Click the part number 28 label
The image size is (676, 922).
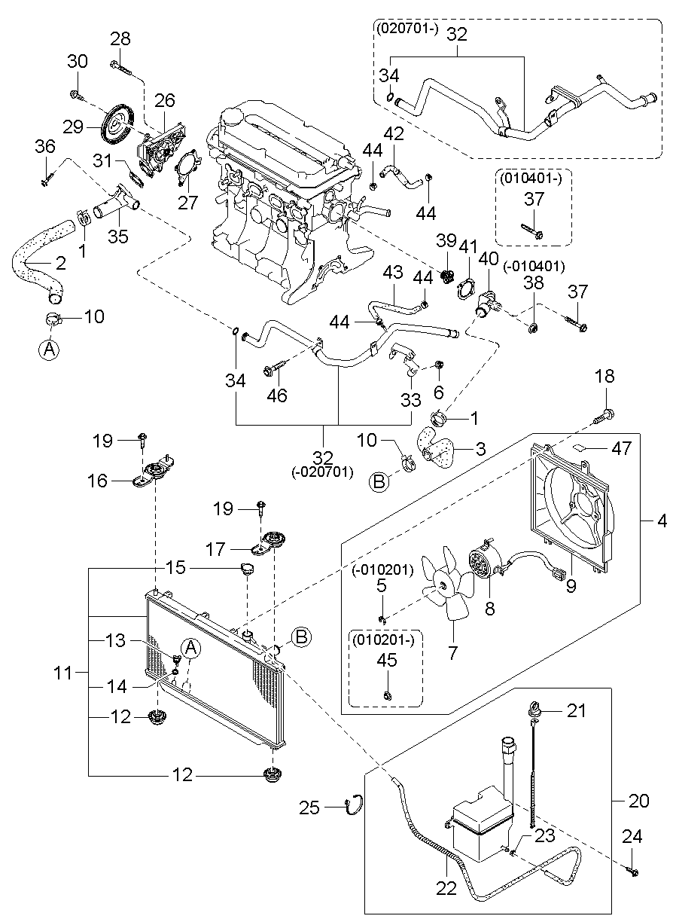[120, 39]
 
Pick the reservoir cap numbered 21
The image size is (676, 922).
[534, 709]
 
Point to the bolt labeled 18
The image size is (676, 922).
[607, 414]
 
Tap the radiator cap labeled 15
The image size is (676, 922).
[246, 567]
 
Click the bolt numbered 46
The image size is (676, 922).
[273, 369]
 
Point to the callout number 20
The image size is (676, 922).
[638, 801]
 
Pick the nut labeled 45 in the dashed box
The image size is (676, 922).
[386, 694]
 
